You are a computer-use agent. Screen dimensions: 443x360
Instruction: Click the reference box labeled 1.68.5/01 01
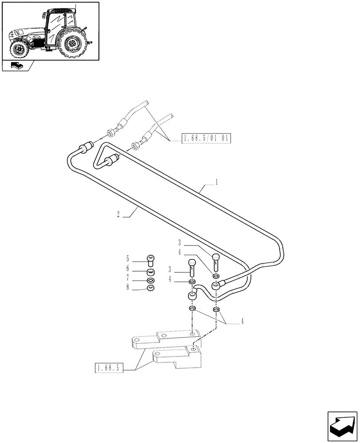[206, 139]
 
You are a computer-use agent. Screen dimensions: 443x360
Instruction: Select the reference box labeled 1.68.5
[109, 368]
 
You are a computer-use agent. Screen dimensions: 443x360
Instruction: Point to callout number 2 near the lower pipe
[118, 214]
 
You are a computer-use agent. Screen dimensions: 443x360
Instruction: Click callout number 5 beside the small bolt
[127, 258]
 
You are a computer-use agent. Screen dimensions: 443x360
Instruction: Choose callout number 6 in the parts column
[127, 268]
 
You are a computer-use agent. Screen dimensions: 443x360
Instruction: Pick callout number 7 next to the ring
[127, 278]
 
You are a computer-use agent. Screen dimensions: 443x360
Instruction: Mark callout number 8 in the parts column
[127, 288]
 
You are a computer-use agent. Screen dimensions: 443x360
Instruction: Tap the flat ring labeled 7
[151, 280]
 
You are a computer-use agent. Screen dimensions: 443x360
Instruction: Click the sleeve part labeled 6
[151, 271]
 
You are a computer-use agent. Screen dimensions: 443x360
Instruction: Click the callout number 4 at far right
[243, 323]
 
